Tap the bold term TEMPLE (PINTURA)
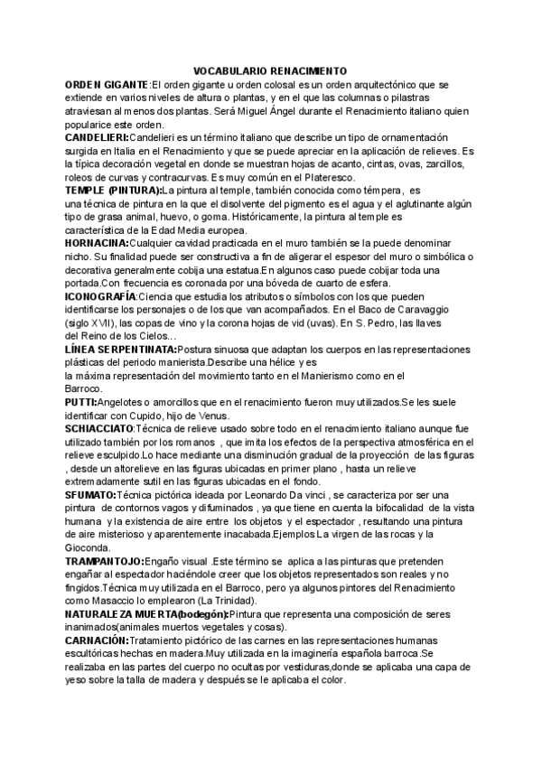[113, 191]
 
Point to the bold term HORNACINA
[97, 244]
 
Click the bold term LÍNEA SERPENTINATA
[121, 349]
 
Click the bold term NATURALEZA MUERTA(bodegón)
[147, 614]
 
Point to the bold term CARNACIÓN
[100, 640]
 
